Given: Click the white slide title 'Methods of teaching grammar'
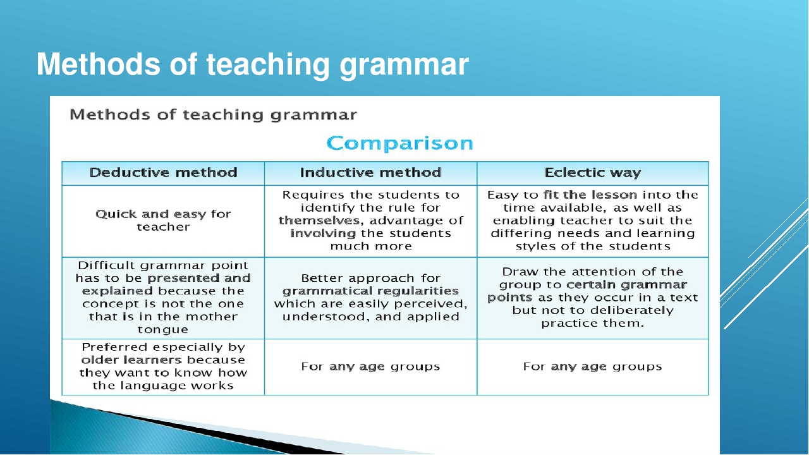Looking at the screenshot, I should (x=252, y=65).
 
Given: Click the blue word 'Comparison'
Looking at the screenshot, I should (x=399, y=143).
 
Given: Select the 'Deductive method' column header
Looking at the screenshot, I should (x=163, y=173).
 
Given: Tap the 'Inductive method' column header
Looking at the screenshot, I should (x=370, y=173).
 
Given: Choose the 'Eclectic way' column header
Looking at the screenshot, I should (x=592, y=173).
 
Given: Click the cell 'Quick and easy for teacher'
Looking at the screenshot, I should (x=163, y=221).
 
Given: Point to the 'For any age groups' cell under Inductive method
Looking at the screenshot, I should (x=370, y=367).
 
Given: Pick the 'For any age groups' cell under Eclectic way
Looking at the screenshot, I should (x=592, y=367).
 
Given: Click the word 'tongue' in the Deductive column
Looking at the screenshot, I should (x=163, y=329).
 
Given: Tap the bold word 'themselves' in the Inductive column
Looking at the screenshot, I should (x=319, y=221).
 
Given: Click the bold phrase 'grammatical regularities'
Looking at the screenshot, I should (x=370, y=291).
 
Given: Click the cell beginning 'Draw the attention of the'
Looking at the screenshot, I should (x=592, y=297).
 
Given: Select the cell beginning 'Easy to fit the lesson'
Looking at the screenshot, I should (x=592, y=221).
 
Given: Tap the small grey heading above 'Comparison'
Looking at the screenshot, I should (x=213, y=115).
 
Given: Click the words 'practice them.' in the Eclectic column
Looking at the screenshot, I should (x=592, y=323).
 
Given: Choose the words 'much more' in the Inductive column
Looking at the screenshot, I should (x=370, y=246).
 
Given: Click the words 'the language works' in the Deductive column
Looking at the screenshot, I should (x=163, y=385).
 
